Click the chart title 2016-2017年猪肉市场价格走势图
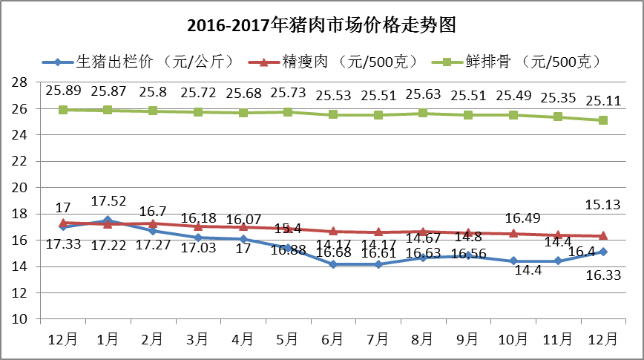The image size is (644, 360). click(x=321, y=25)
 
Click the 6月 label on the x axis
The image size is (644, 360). click(x=333, y=339)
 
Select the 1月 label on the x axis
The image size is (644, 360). click(x=108, y=339)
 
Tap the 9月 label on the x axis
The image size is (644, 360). click(x=467, y=339)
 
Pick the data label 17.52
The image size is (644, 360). click(x=108, y=201)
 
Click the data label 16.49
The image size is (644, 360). click(x=513, y=218)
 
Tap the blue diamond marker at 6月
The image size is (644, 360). click(x=333, y=264)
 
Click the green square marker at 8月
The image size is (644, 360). click(x=423, y=113)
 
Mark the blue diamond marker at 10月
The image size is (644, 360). click(x=513, y=261)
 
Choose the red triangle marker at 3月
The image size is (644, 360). click(x=198, y=226)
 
